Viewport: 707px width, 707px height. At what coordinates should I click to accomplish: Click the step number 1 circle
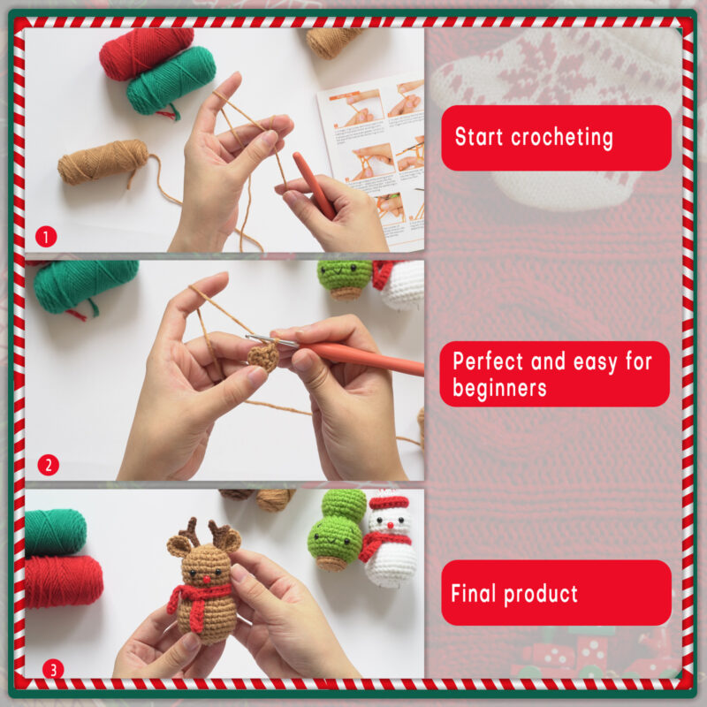click(46, 236)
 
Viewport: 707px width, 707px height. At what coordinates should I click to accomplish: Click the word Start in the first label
click(480, 137)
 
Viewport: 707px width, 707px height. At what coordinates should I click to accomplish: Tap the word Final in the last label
click(476, 593)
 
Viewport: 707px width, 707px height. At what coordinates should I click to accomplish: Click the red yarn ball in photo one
click(146, 51)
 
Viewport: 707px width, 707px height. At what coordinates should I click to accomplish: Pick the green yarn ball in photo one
click(171, 81)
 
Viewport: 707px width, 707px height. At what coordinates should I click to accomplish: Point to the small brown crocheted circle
click(262, 356)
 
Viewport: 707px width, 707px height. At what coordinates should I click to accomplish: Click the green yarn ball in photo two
click(85, 283)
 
